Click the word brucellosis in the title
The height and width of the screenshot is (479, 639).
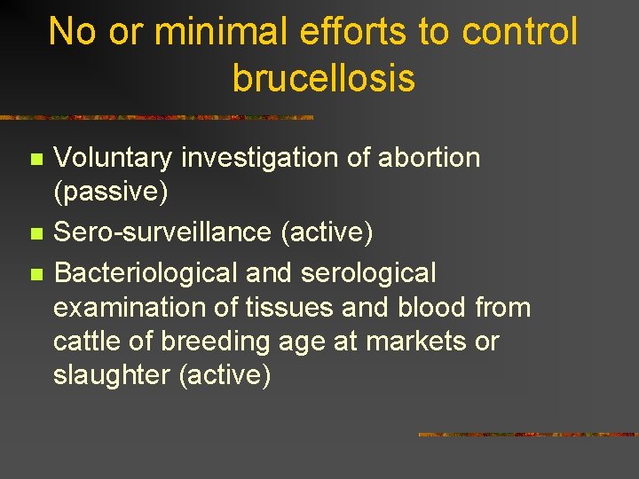(323, 78)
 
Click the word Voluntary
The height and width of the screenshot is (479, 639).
(113, 158)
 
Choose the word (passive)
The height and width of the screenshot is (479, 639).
(111, 192)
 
